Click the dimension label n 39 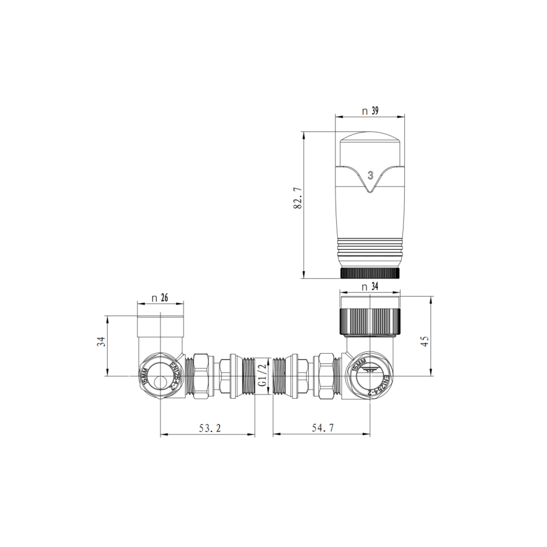370,111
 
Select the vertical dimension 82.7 298,203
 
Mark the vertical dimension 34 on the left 101,342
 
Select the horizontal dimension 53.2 208,428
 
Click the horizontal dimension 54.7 323,428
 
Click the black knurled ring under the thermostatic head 370,273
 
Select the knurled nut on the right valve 370,320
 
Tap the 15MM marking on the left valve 144,377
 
